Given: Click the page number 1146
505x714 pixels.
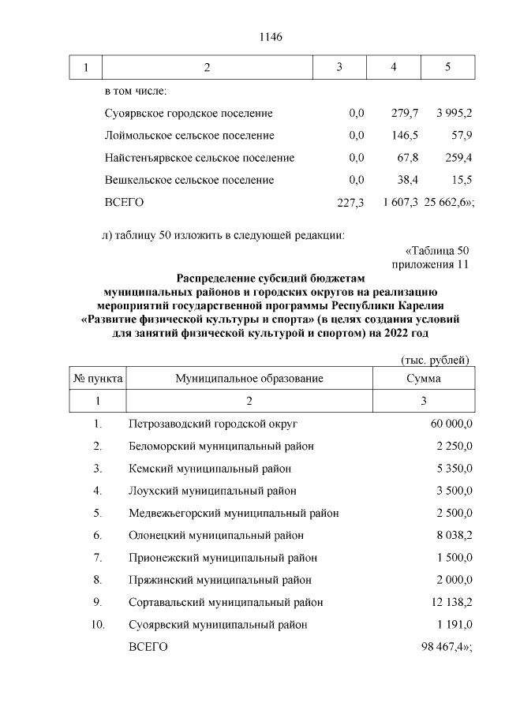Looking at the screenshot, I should [x=271, y=37].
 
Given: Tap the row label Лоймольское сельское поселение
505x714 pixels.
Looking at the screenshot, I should [x=189, y=136].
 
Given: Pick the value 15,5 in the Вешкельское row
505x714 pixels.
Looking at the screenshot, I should [x=460, y=180].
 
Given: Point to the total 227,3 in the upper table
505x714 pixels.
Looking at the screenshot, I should [x=350, y=203].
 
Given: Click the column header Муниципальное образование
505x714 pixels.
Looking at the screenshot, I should [x=249, y=379].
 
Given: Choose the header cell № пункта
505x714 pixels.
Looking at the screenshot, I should [x=98, y=379].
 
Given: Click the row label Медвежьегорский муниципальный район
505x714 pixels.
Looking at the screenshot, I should [x=234, y=513].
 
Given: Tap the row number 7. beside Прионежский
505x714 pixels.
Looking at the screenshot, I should [x=98, y=558].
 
